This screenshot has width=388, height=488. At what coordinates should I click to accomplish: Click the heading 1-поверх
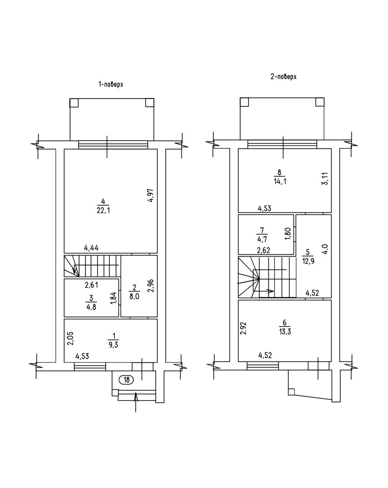[111, 85]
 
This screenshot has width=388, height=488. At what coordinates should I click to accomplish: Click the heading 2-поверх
[283, 77]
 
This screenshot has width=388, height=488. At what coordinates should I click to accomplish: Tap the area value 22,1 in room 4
[103, 210]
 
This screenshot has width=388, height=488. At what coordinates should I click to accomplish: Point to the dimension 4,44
[91, 248]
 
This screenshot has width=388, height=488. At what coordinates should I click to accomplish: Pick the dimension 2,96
[151, 285]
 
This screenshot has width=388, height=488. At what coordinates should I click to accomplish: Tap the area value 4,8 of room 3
[91, 307]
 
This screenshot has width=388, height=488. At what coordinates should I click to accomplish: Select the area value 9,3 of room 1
[113, 345]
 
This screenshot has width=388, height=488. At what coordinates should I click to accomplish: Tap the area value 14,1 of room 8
[279, 181]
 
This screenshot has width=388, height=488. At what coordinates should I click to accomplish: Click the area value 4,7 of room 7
[262, 239]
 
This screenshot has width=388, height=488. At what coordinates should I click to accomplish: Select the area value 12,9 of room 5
[308, 261]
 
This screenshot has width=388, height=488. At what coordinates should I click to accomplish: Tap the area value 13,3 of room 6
[285, 331]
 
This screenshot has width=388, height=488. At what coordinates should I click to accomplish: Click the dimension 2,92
[244, 328]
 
